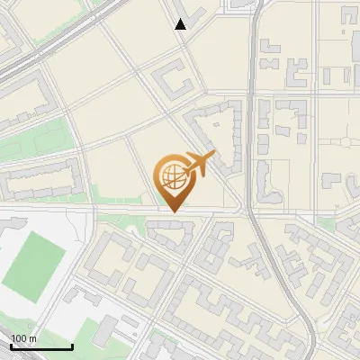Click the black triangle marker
(181, 24)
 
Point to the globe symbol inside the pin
(171, 178)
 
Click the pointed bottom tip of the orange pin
(172, 211)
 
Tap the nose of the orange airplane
(212, 156)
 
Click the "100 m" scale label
(24, 338)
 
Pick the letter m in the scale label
(32, 338)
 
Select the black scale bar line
(41, 346)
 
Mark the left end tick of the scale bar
(11, 345)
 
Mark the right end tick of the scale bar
(72, 345)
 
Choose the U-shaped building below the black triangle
(175, 81)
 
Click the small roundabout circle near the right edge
(346, 140)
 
